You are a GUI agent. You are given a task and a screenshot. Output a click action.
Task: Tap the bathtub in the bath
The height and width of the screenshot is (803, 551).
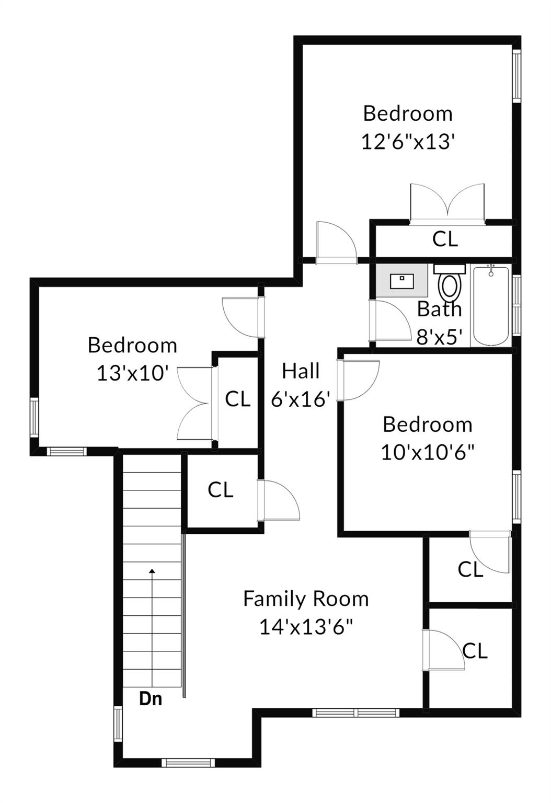click(490, 306)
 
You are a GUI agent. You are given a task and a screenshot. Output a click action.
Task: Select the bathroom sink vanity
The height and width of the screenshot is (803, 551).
click(402, 281)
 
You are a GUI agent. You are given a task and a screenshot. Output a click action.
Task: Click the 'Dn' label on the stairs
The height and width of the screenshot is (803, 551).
click(151, 698)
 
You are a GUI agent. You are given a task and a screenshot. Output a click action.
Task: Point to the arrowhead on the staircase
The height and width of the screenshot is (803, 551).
click(152, 571)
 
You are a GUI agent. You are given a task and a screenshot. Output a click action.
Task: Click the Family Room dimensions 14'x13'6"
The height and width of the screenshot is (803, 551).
click(306, 626)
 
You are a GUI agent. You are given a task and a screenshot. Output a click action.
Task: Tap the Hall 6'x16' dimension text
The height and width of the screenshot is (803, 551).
click(300, 399)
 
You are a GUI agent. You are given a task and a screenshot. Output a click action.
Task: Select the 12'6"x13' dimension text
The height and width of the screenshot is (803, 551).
click(406, 141)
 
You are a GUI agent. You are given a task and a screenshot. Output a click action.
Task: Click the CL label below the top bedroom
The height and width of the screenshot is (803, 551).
click(445, 239)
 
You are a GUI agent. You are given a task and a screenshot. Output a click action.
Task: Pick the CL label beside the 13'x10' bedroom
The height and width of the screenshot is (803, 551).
click(238, 399)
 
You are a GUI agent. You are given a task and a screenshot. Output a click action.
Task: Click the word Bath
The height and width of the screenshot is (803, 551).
click(439, 309)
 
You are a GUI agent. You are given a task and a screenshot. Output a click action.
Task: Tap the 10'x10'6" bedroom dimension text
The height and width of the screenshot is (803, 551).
click(427, 452)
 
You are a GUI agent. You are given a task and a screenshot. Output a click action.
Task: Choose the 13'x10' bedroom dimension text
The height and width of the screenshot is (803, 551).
click(132, 373)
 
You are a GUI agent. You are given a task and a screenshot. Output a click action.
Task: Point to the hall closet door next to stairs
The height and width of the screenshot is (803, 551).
click(279, 501)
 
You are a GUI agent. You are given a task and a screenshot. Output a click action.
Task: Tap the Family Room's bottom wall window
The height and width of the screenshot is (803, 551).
click(355, 712)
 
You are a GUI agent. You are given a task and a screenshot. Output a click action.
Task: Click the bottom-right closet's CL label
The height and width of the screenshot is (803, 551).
click(475, 651)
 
